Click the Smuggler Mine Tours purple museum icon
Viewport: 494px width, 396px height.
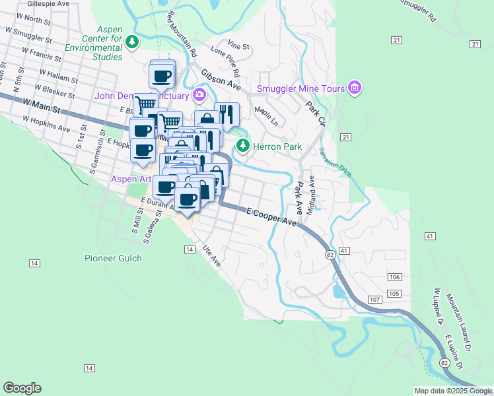tap(355, 88)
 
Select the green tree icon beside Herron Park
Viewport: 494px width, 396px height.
tap(243, 146)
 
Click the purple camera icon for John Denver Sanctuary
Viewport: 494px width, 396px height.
tap(199, 96)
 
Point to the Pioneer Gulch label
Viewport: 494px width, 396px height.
tap(113, 258)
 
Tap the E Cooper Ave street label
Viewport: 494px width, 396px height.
tap(271, 217)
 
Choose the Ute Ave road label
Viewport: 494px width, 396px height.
tap(211, 257)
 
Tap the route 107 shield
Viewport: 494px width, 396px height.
tap(375, 299)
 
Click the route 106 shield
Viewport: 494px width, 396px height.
tap(395, 277)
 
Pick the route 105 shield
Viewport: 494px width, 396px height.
tap(395, 293)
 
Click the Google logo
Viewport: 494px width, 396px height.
tap(22, 388)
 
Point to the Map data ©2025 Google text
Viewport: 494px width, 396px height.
tap(452, 391)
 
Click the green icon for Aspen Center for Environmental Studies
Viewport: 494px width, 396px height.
tap(133, 42)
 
